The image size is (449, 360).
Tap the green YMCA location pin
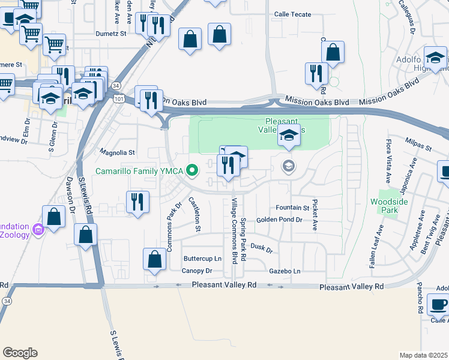[x=193, y=172]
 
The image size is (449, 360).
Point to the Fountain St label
[x=292, y=208]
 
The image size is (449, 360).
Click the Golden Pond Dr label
[x=279, y=220]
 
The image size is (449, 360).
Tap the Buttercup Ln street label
[x=202, y=259]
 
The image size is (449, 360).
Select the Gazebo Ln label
[x=285, y=271]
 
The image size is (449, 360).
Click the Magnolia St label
[x=118, y=153]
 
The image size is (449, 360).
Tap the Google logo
[x=20, y=353]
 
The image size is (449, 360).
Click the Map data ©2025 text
[x=423, y=355]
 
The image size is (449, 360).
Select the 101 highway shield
[x=119, y=98]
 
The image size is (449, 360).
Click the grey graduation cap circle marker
[x=289, y=166]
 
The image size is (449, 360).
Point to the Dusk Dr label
[x=261, y=247]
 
